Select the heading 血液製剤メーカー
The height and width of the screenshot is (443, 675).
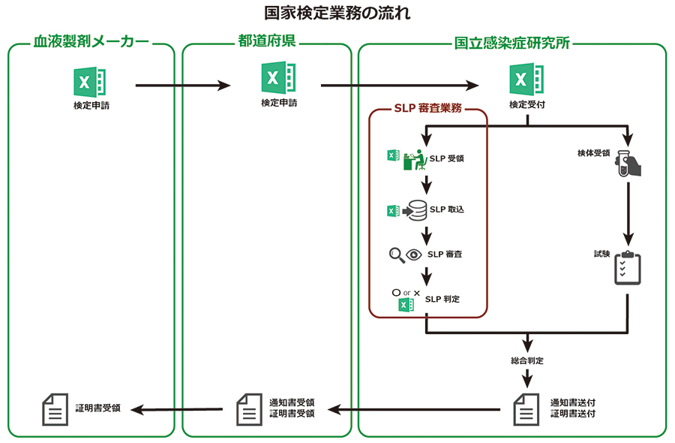[91, 43]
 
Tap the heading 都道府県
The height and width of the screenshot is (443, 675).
[267, 43]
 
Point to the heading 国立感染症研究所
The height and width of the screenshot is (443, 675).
[512, 43]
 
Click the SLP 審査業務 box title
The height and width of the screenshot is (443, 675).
[428, 108]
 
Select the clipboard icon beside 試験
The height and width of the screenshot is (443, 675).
[628, 267]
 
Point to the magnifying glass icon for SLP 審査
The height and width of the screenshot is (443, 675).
[397, 255]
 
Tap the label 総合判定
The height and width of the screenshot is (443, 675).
[527, 360]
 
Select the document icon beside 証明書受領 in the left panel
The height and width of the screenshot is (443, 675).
[53, 408]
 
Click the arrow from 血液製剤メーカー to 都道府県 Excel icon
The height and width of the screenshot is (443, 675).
[183, 86]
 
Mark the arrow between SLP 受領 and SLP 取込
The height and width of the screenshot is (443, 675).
[427, 185]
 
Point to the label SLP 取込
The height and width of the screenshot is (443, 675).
[446, 209]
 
